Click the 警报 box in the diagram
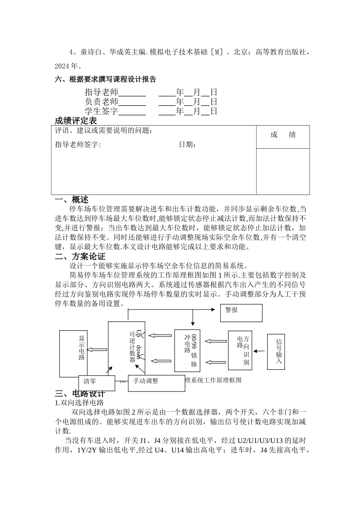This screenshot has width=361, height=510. click(241, 313)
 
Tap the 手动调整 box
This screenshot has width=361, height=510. click(151, 383)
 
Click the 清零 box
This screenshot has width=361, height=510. click(97, 383)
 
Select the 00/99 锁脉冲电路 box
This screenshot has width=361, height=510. click(187, 350)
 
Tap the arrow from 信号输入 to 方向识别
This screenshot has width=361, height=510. click(260, 351)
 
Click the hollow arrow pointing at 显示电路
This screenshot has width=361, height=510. click(98, 350)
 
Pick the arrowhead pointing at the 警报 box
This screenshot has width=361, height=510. click(213, 309)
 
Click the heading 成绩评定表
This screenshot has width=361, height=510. click(76, 121)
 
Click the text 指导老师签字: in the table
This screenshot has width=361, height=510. click(78, 145)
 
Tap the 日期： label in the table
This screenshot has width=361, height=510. click(188, 145)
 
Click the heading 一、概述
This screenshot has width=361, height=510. click(72, 200)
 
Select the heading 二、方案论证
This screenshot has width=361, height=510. click(80, 257)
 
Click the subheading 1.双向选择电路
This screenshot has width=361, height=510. click(79, 403)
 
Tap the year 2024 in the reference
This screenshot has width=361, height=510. click(62, 66)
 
